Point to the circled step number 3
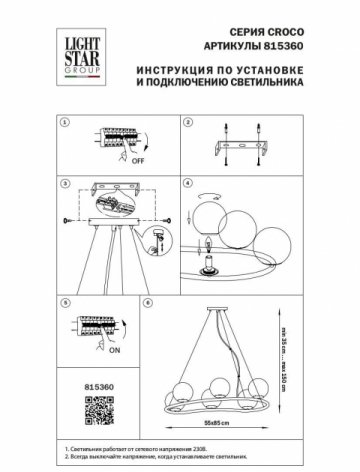(x=63, y=185)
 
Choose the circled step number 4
(x=187, y=185)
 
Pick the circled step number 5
(x=63, y=300)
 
